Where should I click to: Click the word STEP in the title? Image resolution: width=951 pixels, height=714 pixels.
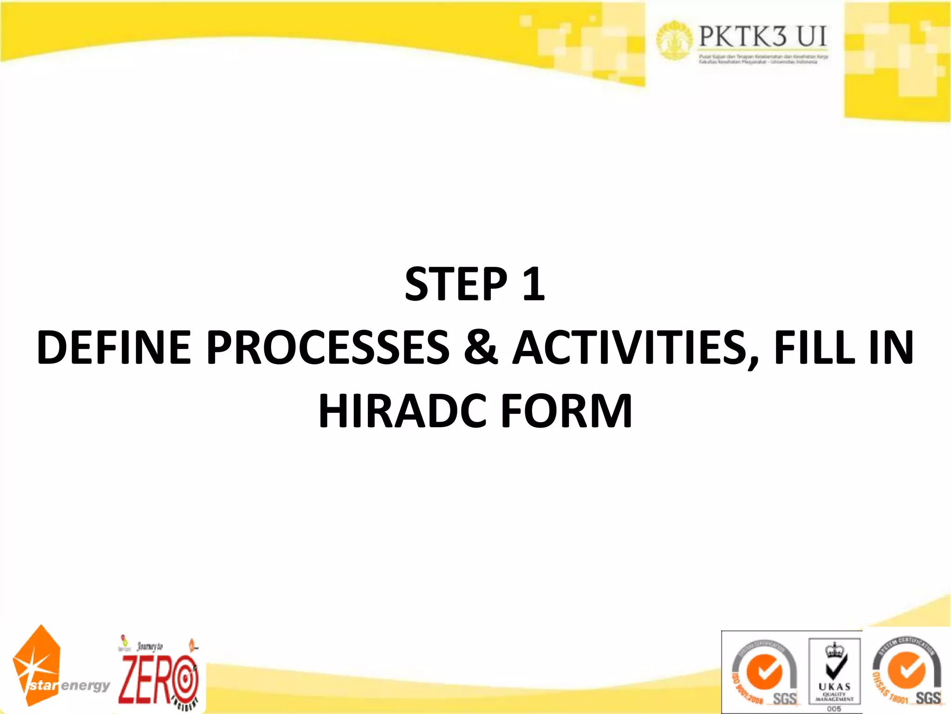click(456, 284)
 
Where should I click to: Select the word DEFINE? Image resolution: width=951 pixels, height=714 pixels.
click(114, 347)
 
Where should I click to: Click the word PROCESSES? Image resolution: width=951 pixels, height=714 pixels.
click(328, 347)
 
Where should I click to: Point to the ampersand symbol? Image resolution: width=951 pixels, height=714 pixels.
click(481, 347)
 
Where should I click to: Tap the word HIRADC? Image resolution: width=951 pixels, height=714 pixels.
click(402, 411)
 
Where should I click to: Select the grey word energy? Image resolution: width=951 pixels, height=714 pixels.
click(85, 685)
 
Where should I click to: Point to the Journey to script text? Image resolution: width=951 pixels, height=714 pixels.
click(150, 646)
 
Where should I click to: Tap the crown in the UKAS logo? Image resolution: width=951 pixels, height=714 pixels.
click(834, 649)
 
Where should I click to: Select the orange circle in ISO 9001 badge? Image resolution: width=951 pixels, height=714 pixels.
click(763, 672)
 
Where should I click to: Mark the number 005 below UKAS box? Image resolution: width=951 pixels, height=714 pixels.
click(834, 708)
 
